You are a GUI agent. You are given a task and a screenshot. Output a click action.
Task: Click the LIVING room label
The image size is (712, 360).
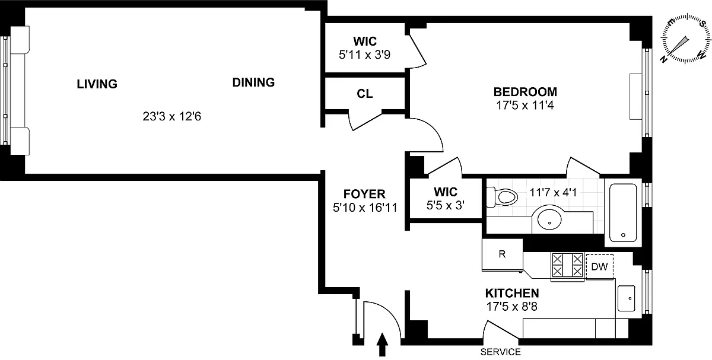click(97, 84)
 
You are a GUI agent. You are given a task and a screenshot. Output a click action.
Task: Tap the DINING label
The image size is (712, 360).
click(253, 82)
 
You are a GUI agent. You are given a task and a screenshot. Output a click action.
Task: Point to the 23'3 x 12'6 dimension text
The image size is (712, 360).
click(171, 116)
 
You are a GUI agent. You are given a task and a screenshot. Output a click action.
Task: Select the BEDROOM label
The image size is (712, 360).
click(525, 92)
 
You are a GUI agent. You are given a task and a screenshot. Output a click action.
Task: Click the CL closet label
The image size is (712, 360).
click(364, 94)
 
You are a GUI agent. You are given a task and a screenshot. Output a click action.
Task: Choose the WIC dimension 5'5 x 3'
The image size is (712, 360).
click(446, 205)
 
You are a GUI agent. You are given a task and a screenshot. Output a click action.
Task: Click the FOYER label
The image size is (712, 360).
click(364, 194)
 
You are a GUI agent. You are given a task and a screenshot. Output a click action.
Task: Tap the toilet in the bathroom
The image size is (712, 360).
click(503, 197)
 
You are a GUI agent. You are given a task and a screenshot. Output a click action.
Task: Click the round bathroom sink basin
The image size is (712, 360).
click(549, 219)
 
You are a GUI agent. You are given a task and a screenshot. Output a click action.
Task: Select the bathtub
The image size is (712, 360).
click(623, 212)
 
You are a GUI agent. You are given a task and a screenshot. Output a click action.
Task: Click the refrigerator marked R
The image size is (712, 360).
click(502, 255)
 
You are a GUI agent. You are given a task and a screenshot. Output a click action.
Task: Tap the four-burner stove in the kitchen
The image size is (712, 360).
click(567, 267)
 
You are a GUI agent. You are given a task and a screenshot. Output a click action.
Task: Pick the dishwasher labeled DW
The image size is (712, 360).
click(599, 266)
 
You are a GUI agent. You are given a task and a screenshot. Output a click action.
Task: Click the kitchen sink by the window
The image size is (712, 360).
click(626, 298)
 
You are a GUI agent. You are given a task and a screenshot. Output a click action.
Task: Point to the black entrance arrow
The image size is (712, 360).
click(382, 345)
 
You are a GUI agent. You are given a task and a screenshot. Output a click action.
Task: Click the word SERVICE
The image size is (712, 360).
click(500, 352)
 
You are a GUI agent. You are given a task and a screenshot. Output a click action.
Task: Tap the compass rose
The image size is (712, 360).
click(686, 38)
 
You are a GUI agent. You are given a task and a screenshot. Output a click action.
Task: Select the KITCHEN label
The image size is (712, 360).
click(512, 293)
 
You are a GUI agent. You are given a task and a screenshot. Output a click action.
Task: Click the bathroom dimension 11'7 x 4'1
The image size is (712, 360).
click(553, 192)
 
